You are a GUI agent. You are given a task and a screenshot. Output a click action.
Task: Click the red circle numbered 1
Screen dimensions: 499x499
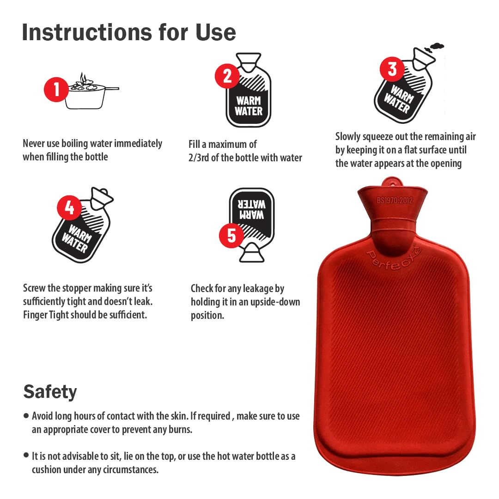56,89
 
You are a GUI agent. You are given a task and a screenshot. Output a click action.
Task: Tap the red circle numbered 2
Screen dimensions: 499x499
227,76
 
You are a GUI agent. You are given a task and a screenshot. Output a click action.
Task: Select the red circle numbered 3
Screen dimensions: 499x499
392,69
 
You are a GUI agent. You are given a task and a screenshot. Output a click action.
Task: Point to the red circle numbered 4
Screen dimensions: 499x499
69,207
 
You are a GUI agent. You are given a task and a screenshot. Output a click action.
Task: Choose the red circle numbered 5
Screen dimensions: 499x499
231,236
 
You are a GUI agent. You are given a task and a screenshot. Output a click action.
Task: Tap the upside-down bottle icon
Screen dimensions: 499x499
252,225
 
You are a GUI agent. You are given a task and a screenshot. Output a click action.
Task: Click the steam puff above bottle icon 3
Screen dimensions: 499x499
434,48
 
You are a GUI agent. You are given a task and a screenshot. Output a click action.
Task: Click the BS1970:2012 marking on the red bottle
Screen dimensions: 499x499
395,201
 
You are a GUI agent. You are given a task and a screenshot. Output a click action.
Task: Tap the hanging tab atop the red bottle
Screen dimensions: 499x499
392,183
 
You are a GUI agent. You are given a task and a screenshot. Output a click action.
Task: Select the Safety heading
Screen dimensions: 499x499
50,391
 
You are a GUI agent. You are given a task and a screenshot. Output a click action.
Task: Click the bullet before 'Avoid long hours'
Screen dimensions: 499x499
26,416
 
